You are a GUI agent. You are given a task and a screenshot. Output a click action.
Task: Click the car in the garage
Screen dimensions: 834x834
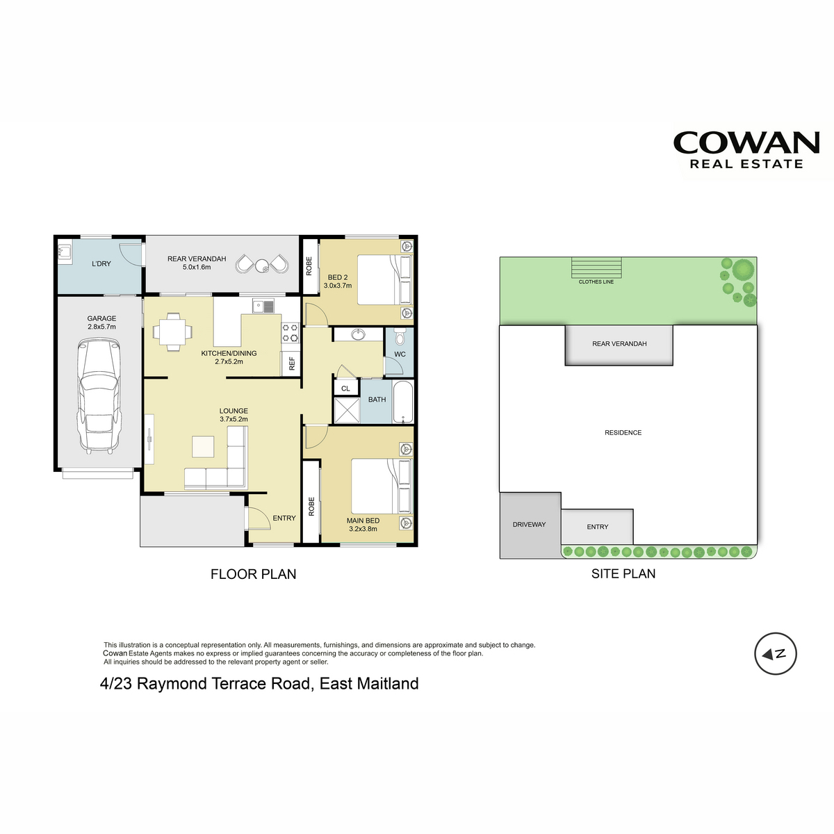point(99,395)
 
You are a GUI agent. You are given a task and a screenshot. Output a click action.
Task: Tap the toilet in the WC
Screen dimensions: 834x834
point(399,336)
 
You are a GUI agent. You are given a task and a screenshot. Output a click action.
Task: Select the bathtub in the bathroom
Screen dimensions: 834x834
point(402,401)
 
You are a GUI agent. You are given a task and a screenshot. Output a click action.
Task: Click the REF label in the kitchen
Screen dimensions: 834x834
point(291,363)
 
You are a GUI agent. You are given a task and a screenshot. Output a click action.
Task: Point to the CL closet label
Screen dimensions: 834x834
point(345,389)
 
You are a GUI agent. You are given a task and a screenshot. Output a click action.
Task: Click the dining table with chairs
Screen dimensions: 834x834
point(172,332)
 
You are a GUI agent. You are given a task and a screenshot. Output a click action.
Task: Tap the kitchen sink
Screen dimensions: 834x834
point(263,306)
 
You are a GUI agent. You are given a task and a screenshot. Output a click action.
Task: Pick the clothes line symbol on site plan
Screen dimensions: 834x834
point(596,268)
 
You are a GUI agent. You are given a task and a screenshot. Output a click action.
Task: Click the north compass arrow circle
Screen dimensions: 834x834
point(775,653)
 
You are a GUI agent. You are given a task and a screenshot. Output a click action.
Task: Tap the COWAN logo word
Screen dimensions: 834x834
point(746,142)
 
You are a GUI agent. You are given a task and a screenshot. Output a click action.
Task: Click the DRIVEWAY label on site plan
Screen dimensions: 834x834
point(529,524)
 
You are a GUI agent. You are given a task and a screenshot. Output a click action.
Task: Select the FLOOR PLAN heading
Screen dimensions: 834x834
point(253,574)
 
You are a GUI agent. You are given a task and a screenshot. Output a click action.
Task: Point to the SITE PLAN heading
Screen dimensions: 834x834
point(623,573)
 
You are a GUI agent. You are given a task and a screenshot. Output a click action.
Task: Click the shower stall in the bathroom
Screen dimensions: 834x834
point(347,410)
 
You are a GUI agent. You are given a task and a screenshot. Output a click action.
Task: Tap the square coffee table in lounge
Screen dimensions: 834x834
point(203,447)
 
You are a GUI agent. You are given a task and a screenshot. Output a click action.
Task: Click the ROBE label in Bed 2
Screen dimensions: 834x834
point(309,265)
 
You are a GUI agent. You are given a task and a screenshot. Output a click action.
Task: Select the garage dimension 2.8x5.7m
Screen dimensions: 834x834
point(101,327)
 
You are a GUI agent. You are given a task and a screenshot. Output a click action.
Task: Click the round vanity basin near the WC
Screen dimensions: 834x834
point(358,334)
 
